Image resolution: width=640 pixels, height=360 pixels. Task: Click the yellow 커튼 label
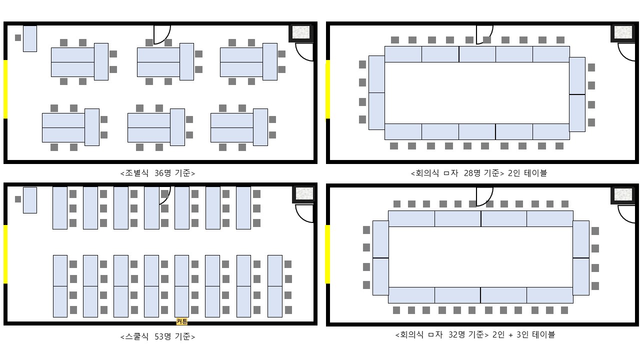tap(182, 321)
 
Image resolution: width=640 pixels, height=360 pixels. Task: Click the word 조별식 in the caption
tap(137, 173)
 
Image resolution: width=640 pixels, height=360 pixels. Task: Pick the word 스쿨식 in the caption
tap(137, 336)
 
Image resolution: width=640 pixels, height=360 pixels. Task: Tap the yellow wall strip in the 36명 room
tap(5, 89)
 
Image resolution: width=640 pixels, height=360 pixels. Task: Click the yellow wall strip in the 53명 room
tap(5, 254)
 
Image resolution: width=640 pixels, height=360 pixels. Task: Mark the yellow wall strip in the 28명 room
tap(328, 89)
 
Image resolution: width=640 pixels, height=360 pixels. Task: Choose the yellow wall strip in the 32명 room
tap(328, 254)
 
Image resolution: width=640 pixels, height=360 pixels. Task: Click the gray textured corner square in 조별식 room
tap(301, 32)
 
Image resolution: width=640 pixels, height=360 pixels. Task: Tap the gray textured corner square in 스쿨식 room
tap(303, 193)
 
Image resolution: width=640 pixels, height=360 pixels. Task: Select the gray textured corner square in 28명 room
tap(623, 32)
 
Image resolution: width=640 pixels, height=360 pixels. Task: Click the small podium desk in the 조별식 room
tap(30, 38)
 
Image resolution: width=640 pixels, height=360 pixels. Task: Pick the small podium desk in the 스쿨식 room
tap(30, 200)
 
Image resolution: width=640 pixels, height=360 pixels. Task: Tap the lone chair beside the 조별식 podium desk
tap(18, 37)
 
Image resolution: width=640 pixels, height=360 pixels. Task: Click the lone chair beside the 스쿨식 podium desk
tap(18, 199)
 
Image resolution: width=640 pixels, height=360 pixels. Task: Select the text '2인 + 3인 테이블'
tap(523, 334)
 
